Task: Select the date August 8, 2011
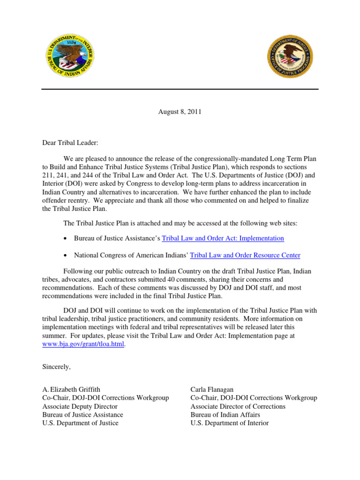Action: pyautogui.click(x=180, y=112)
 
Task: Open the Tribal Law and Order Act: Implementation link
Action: pyautogui.click(x=223, y=238)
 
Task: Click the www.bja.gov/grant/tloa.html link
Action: pyautogui.click(x=84, y=345)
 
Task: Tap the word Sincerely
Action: pyautogui.click(x=56, y=367)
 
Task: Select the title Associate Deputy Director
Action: pyautogui.click(x=80, y=406)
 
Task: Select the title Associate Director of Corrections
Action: pyautogui.click(x=238, y=406)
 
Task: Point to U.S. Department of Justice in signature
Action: pyautogui.click(x=80, y=423)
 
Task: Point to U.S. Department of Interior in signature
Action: pyautogui.click(x=229, y=423)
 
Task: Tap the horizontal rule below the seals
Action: pyautogui.click(x=180, y=89)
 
